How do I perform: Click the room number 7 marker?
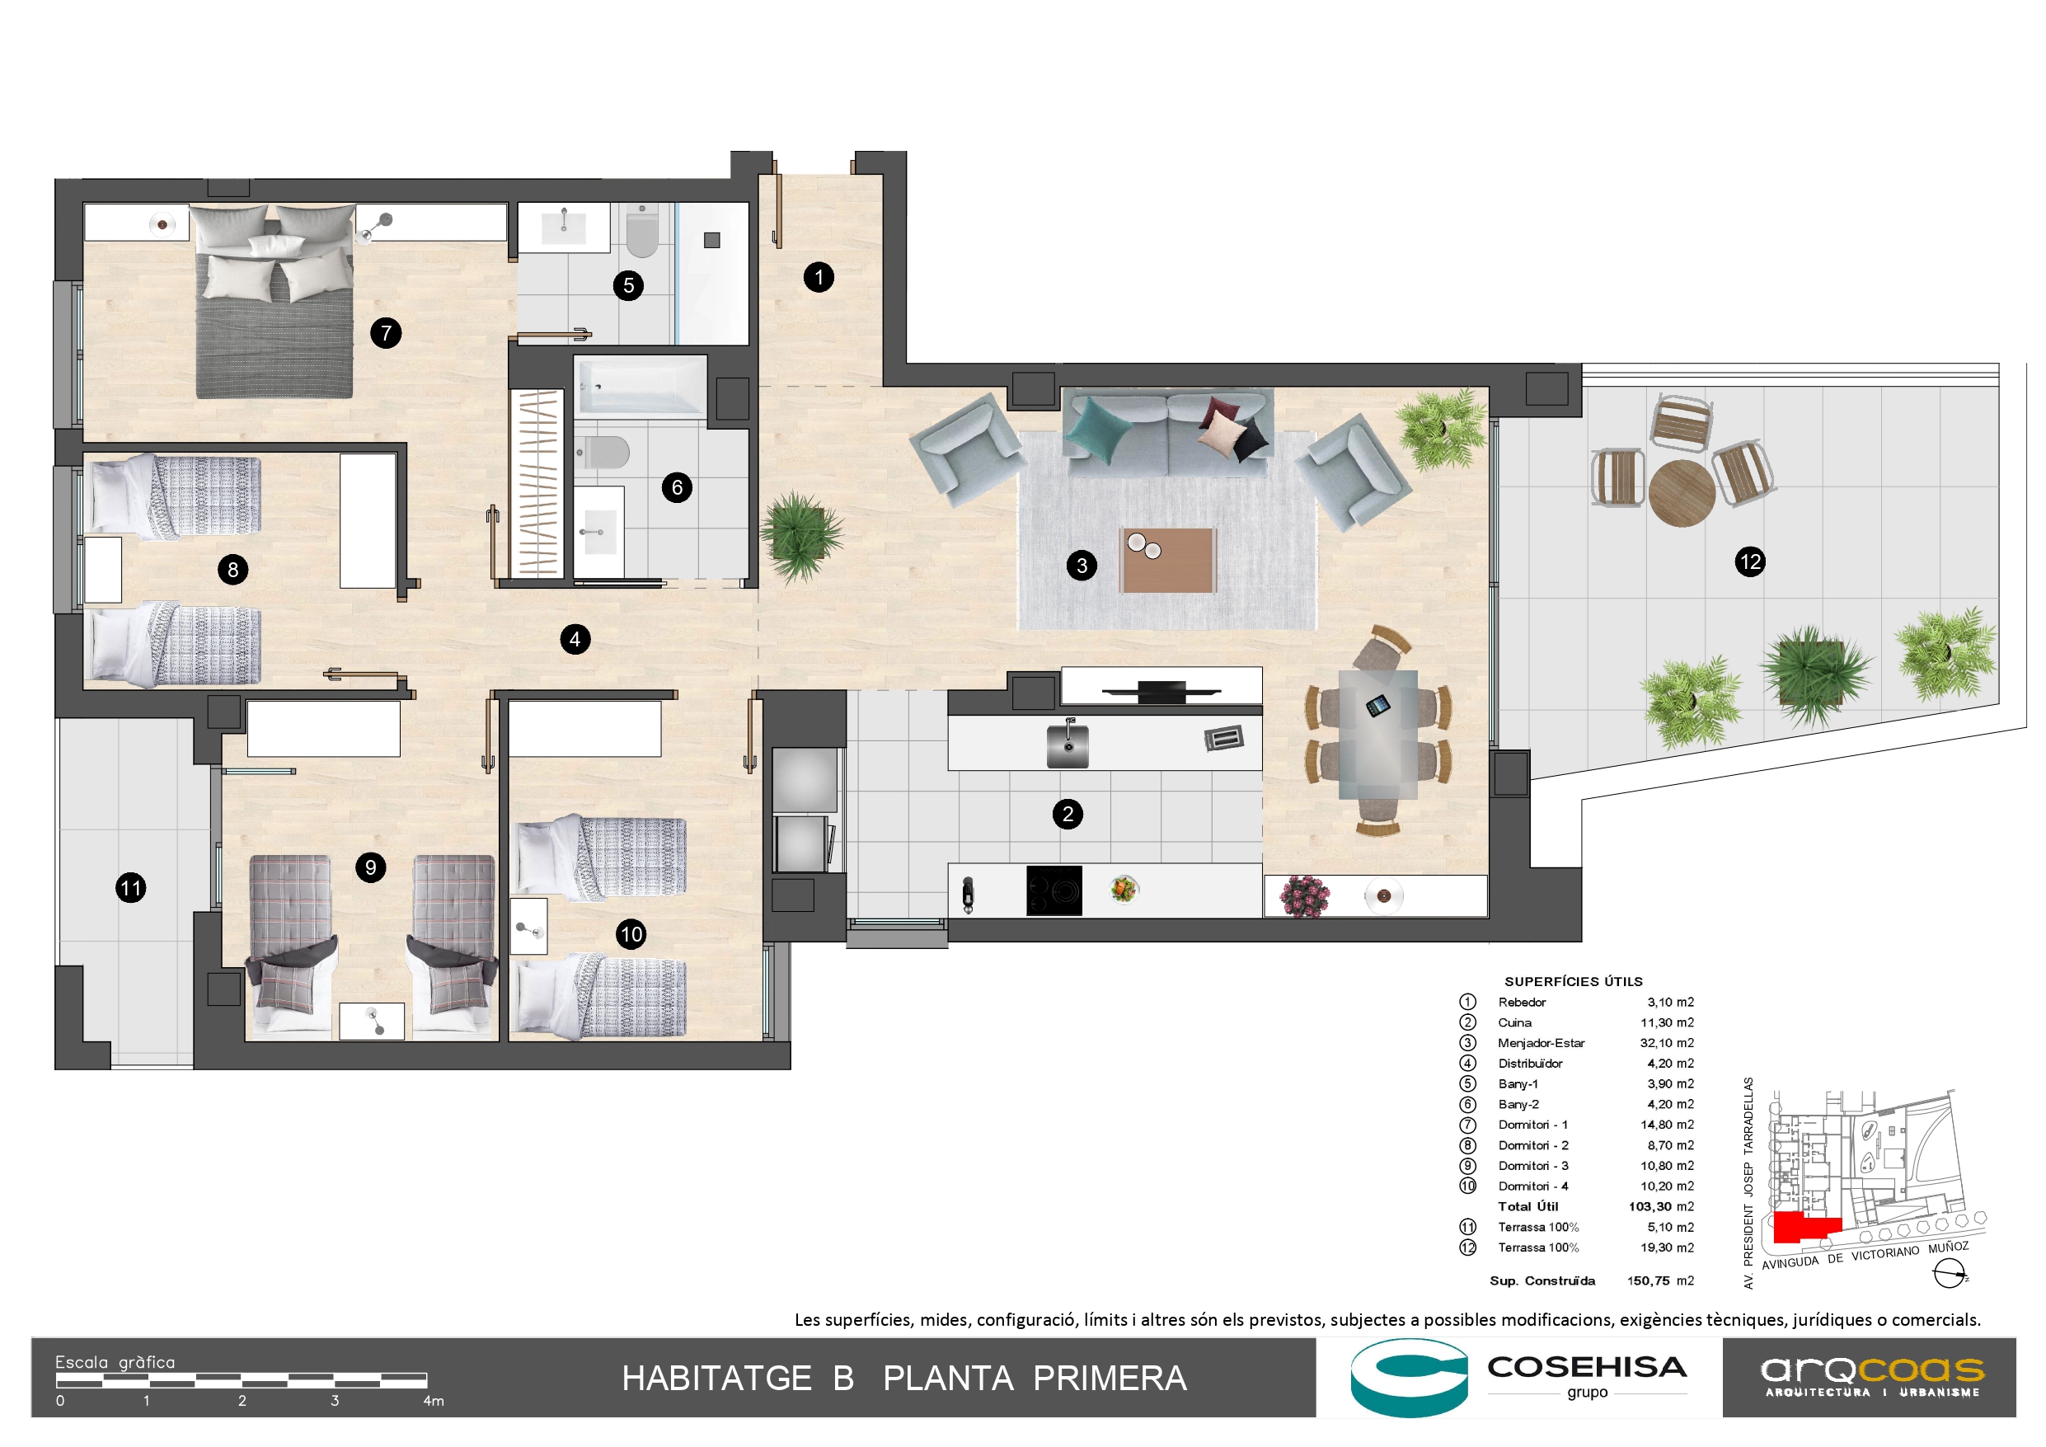coord(386,333)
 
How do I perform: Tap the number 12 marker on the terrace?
coord(1750,561)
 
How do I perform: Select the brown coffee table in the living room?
coord(1168,560)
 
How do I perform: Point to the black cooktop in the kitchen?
coord(1054,890)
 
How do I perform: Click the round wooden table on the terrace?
coord(1682,492)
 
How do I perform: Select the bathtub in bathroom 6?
coord(640,386)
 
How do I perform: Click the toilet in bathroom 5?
coord(641,232)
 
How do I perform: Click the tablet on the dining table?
coord(1377,706)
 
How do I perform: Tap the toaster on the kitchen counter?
coord(1223,738)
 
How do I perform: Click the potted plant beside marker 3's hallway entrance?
coord(800,537)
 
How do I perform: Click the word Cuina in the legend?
coord(1515,1022)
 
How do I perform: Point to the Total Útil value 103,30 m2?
coord(1661,1206)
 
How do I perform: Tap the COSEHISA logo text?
coord(1587,1368)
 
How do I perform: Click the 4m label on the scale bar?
coord(433,1401)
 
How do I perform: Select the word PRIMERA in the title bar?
coord(1110,1379)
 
